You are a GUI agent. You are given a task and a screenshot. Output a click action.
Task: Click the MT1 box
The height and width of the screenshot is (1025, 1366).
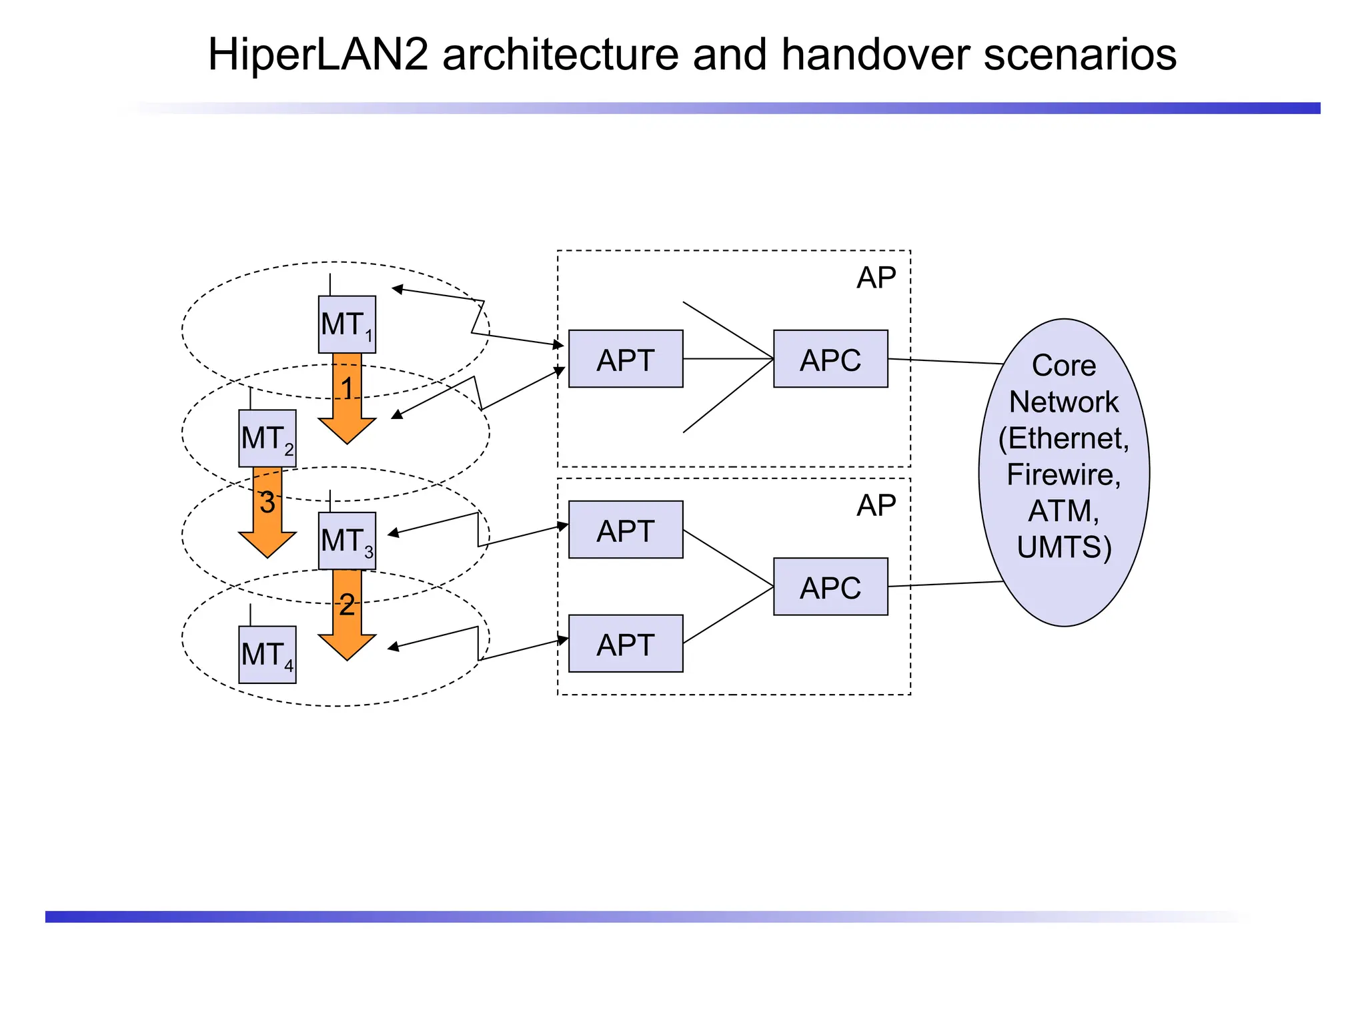tap(347, 324)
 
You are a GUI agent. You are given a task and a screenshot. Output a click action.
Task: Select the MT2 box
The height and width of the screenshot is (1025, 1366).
tap(267, 438)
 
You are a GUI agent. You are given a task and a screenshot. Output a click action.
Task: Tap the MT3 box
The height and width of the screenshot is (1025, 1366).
tap(347, 541)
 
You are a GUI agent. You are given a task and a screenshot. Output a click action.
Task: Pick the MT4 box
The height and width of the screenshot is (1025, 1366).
tap(267, 655)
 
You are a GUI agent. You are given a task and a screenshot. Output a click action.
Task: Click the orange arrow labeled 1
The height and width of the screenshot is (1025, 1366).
tap(347, 400)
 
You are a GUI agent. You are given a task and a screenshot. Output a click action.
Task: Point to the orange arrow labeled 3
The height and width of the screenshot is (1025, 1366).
tap(267, 514)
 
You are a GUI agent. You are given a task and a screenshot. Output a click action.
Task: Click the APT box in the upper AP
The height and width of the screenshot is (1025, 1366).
tap(626, 359)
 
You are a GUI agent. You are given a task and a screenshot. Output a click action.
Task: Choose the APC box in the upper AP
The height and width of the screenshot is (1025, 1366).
tap(830, 359)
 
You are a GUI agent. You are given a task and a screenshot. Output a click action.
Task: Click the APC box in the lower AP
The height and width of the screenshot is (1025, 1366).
tap(830, 587)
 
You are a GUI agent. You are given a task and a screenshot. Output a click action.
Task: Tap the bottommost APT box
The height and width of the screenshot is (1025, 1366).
tap(626, 643)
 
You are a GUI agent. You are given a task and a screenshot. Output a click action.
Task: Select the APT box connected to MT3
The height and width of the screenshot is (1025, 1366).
tap(626, 530)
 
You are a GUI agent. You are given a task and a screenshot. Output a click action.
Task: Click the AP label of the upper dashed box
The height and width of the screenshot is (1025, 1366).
tap(876, 278)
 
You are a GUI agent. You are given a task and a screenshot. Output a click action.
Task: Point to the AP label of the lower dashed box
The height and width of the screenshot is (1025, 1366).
tap(876, 506)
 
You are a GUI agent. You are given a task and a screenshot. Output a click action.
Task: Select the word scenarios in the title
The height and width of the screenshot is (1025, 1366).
tap(1080, 55)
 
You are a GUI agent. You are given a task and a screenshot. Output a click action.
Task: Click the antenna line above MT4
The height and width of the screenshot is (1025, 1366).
tap(250, 615)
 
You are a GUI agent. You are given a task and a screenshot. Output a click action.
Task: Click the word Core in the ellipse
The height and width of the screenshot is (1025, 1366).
tap(1064, 366)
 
